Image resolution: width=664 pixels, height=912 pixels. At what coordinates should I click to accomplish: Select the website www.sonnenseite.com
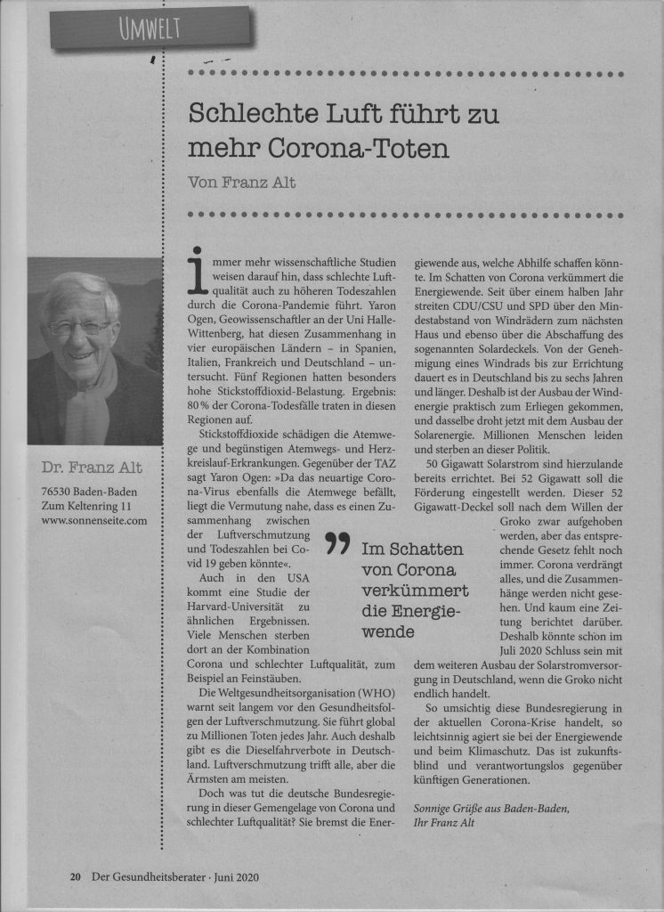[x=93, y=520]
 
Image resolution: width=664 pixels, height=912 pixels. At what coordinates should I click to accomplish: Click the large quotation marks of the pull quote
[x=336, y=542]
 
